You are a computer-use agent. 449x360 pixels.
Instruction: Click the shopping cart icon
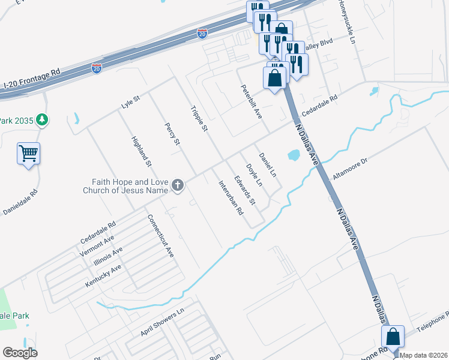(28, 155)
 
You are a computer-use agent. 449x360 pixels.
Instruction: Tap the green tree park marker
(41, 120)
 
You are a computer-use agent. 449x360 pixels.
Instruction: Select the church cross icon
(177, 186)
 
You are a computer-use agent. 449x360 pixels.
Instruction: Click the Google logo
(20, 353)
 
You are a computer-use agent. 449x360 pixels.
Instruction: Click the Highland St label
(142, 151)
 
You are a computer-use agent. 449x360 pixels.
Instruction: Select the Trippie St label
(199, 119)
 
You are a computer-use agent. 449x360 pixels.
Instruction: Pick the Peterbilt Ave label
(252, 101)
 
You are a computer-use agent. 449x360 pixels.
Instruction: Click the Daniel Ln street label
(267, 164)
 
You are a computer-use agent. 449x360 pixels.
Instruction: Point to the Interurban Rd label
(231, 198)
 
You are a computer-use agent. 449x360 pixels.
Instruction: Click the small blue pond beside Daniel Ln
(294, 156)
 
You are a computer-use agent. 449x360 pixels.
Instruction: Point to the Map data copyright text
(424, 355)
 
